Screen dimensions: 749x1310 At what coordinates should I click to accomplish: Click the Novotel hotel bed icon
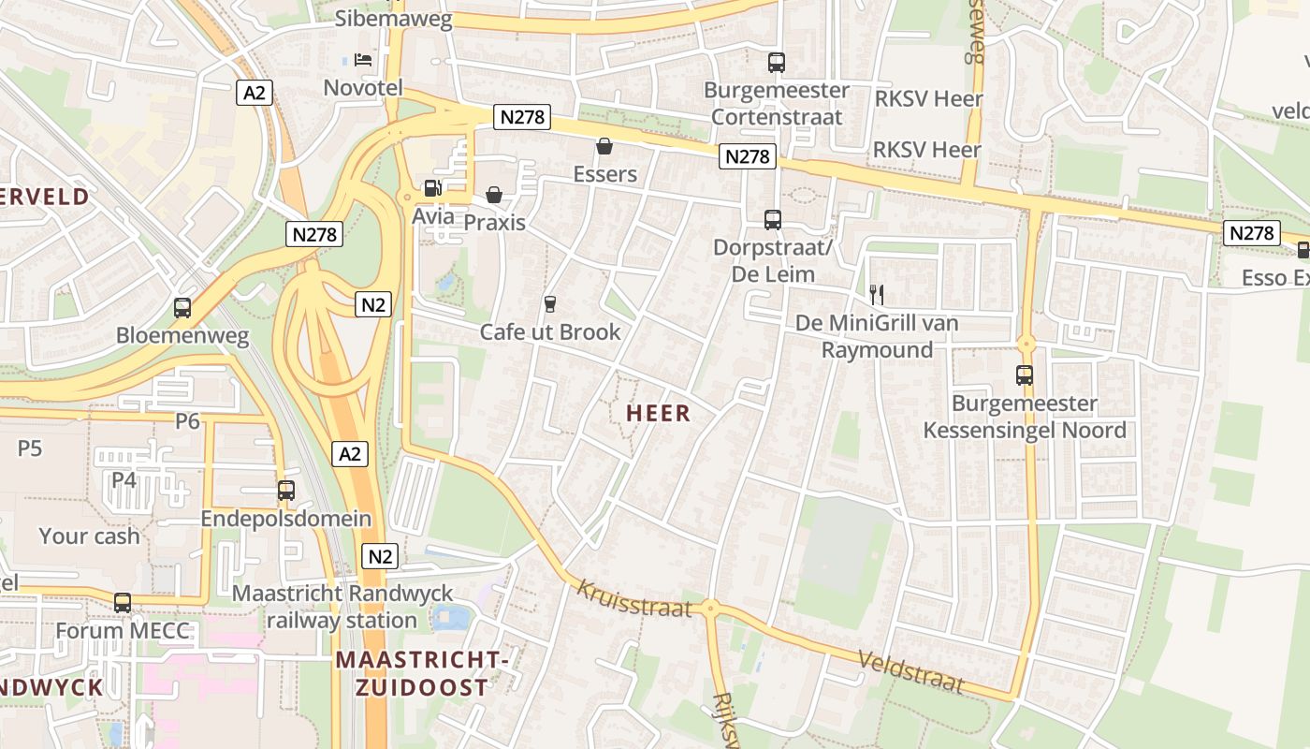pos(363,60)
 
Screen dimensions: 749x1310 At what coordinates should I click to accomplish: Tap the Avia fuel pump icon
pos(432,188)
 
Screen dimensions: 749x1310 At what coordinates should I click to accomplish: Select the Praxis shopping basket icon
pos(493,195)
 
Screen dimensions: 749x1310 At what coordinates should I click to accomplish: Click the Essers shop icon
pos(604,146)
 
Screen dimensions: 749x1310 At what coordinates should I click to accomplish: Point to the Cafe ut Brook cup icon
pos(549,303)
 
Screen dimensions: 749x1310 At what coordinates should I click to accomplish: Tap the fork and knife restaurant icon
pos(877,295)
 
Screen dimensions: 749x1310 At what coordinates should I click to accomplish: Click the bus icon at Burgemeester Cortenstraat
pos(777,63)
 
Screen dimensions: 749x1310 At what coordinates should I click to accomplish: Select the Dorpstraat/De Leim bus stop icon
pos(773,220)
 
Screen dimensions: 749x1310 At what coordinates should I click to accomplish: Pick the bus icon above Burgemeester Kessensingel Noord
pos(1025,375)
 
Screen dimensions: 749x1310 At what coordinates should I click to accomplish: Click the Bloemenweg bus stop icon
pos(182,307)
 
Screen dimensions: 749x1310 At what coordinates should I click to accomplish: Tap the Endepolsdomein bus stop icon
pos(286,491)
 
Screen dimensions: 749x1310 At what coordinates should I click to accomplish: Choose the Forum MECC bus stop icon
pos(123,603)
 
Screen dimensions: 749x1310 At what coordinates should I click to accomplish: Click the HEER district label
pos(658,414)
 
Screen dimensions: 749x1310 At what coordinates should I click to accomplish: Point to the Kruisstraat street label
pos(634,598)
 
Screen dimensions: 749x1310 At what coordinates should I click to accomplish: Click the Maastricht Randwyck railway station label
pos(342,607)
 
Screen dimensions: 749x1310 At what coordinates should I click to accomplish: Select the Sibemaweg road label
pos(394,19)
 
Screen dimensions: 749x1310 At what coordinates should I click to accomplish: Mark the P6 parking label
pos(188,421)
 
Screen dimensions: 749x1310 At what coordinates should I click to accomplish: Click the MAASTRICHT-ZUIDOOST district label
pos(422,673)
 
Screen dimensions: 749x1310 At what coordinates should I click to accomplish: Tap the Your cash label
pos(89,536)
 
